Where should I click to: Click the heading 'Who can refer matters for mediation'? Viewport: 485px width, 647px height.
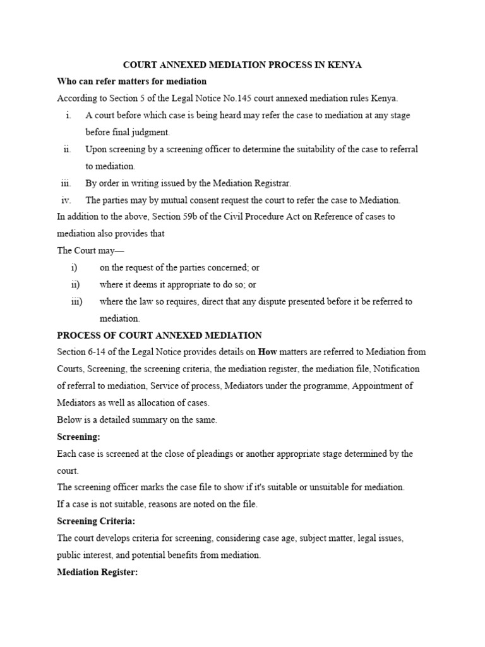point(132,82)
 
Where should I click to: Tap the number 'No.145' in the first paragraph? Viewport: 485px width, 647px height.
point(231,99)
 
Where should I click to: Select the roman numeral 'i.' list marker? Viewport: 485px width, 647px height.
point(68,116)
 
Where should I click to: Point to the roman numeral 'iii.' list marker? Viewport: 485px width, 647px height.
point(66,183)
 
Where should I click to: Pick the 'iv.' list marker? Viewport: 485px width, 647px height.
point(66,200)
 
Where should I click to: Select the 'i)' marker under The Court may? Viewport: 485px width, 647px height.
point(75,268)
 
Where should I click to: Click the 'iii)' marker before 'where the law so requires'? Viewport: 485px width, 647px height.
point(76,301)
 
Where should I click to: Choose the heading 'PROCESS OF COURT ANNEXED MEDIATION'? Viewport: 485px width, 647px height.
point(159,336)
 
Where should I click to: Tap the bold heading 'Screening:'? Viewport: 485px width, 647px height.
point(79,437)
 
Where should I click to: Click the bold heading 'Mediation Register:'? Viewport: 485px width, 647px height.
point(97,572)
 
